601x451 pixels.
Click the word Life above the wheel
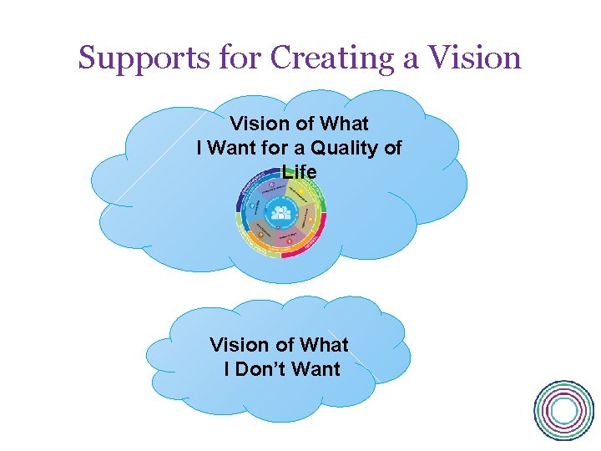300,172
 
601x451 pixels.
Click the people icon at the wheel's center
280,215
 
